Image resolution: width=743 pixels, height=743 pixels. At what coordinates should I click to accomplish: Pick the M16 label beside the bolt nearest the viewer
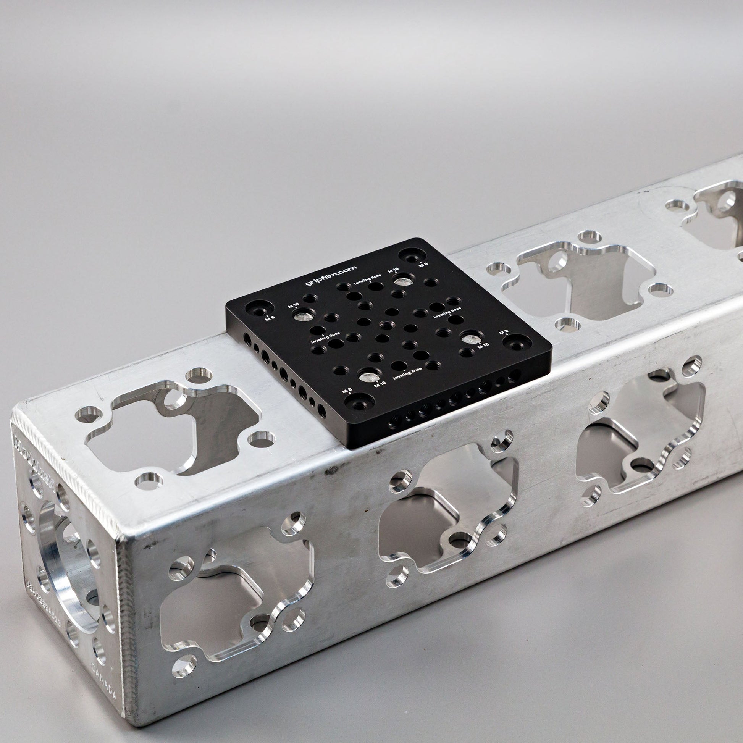coord(380,383)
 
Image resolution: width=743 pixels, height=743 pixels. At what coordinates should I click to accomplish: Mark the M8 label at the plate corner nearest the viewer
coord(347,390)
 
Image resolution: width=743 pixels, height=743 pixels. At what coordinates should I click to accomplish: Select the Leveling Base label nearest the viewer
coord(407,373)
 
